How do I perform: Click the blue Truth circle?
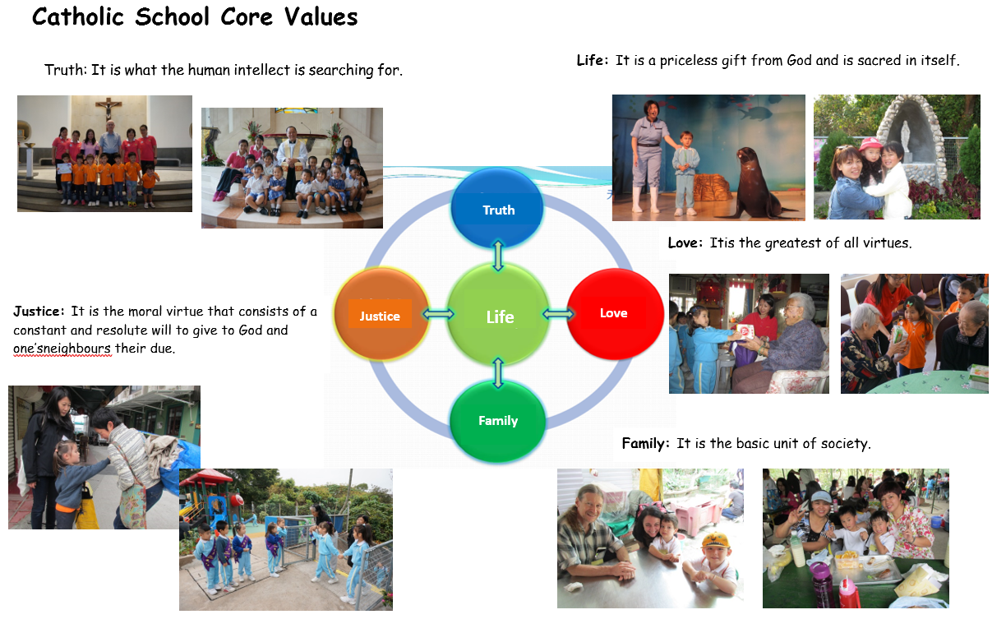[497, 207]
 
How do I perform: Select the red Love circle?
[615, 313]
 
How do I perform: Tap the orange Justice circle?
[381, 314]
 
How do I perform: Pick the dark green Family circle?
[498, 422]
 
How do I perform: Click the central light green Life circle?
[498, 315]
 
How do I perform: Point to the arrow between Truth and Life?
[498, 256]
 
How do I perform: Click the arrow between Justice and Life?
[438, 313]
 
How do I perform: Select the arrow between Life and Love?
[558, 313]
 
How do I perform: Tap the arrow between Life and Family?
[498, 373]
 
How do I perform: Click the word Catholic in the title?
[78, 17]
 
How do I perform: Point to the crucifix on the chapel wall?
[108, 108]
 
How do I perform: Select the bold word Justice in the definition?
[39, 312]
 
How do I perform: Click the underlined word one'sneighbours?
[62, 348]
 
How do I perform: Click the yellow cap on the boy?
[715, 539]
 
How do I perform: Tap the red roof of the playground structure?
[205, 477]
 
